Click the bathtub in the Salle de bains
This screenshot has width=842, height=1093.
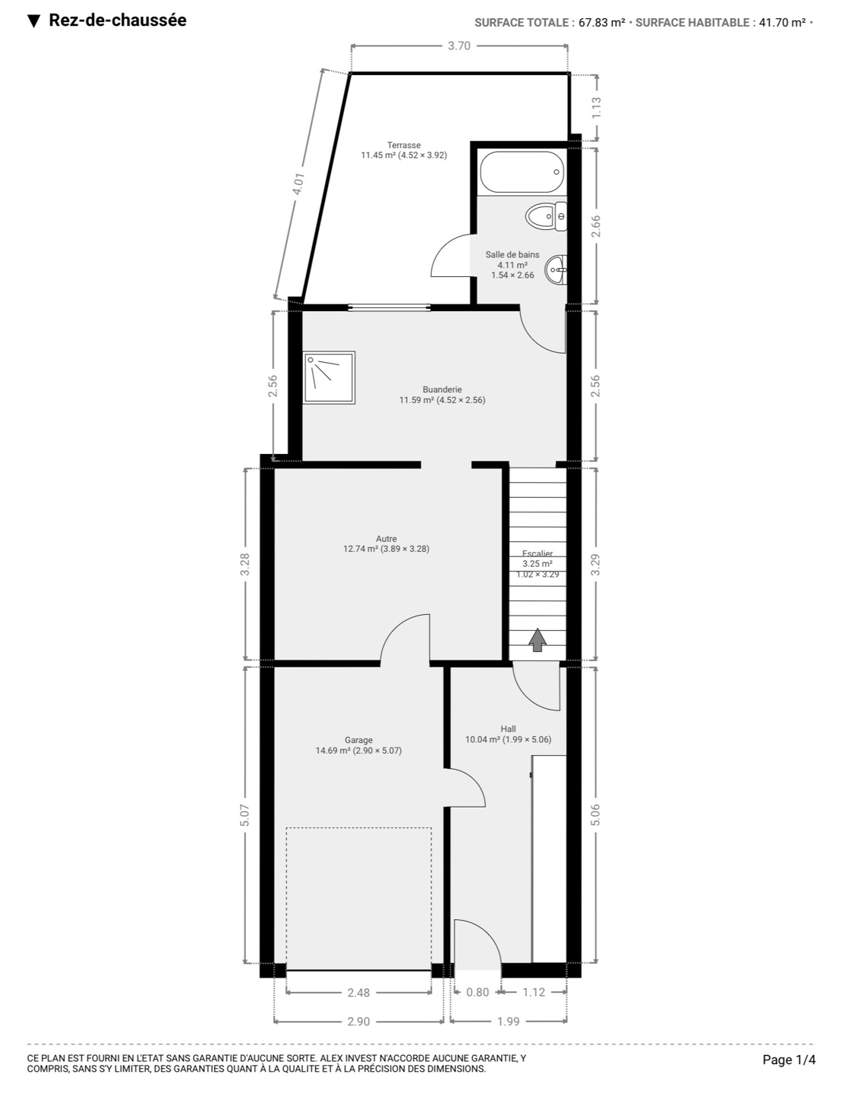pos(521,172)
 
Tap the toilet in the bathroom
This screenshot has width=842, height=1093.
pos(546,216)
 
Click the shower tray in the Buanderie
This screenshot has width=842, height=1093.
pos(329,377)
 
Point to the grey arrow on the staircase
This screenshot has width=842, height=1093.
pos(538,640)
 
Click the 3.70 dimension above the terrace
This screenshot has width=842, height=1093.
pos(459,46)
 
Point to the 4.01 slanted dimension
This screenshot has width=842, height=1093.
pos(298,184)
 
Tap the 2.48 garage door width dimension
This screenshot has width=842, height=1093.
pos(358,992)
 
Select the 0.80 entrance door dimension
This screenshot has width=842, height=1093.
pos(478,992)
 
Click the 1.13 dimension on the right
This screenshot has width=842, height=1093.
pos(596,107)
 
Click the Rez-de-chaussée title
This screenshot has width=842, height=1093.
pos(118,20)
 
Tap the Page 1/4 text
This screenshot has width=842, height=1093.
pos(789,1060)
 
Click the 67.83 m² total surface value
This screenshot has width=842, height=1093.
pos(601,23)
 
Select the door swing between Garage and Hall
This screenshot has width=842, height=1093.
pos(465,788)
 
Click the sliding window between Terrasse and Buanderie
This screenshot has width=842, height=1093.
pos(389,307)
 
